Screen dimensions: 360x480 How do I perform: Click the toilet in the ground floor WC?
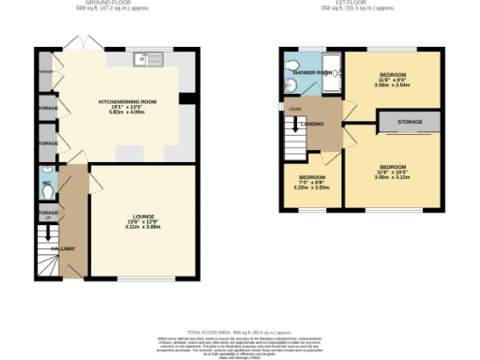pyautogui.click(x=48, y=190)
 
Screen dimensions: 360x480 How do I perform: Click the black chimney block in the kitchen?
pyautogui.click(x=187, y=98)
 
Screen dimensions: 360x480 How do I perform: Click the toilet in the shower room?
pyautogui.click(x=290, y=65)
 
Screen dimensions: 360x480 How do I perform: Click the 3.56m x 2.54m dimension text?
pyautogui.click(x=392, y=84)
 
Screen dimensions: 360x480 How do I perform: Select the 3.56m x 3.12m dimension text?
pyautogui.click(x=391, y=176)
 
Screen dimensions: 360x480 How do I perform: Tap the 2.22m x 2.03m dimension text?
pyautogui.click(x=311, y=187)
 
